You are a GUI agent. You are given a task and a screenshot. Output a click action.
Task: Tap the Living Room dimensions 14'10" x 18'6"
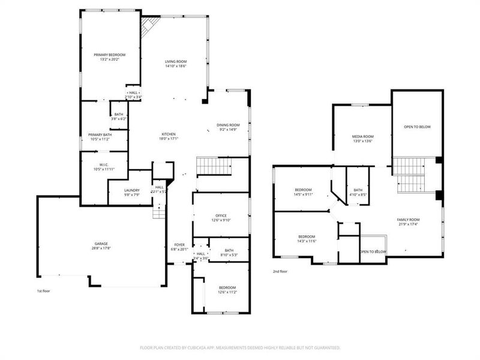pos(176,67)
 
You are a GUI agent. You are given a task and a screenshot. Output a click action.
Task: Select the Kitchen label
pos(168,134)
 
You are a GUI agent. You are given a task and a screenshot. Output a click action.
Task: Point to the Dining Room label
pos(228,125)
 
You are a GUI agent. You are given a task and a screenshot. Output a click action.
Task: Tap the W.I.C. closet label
pos(103,164)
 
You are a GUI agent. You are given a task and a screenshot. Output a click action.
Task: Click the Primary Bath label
pos(100,134)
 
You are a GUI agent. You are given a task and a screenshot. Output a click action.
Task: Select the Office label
pos(221,215)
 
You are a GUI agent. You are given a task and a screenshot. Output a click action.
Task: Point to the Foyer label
pos(180,245)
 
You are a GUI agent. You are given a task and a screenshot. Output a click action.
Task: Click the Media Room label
pos(362,136)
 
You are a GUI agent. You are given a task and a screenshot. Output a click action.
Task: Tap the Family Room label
pos(408,220)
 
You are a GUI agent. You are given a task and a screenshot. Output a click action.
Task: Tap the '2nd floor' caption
pos(280,271)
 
